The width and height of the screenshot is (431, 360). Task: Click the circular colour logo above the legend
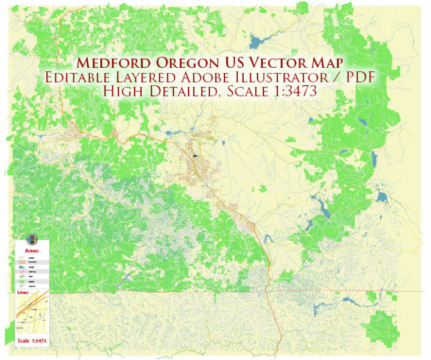tap(32, 239)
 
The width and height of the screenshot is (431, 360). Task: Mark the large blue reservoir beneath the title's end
tap(255, 41)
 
